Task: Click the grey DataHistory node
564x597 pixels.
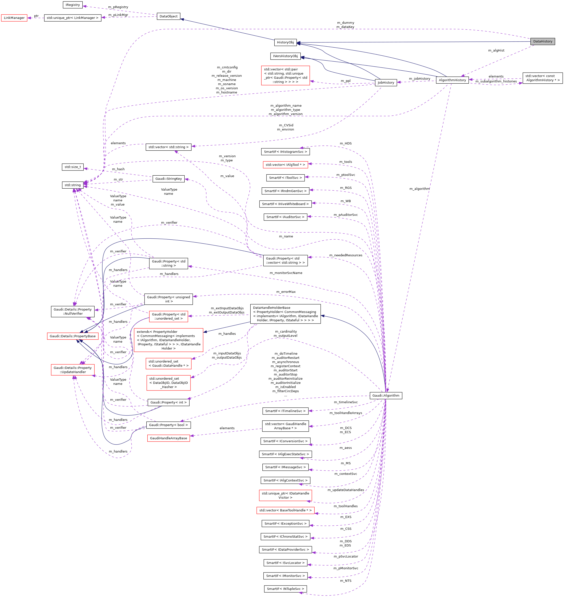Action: point(542,41)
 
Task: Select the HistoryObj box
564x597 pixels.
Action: point(285,42)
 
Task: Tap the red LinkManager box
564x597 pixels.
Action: point(14,18)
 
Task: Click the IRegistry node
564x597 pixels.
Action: point(73,5)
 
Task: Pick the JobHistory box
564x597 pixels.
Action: point(386,82)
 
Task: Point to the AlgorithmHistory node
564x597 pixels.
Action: point(452,80)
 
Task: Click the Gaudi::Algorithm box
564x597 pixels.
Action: point(386,395)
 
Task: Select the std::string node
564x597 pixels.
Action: point(73,185)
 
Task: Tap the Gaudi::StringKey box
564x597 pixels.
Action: point(168,179)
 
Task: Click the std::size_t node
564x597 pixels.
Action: point(73,167)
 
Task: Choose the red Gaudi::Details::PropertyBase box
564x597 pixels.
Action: point(73,336)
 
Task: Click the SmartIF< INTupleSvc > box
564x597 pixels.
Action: point(285,589)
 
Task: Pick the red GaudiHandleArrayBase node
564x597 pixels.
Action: point(168,438)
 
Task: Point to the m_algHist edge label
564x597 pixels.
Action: point(496,51)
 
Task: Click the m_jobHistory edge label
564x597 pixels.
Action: point(419,79)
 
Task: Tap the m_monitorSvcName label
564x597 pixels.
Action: point(286,273)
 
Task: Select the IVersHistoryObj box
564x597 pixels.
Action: point(285,56)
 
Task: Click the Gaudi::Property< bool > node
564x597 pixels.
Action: point(168,425)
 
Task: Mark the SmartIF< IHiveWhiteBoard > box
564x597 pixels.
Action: point(285,204)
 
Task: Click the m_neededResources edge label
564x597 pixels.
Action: point(346,255)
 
